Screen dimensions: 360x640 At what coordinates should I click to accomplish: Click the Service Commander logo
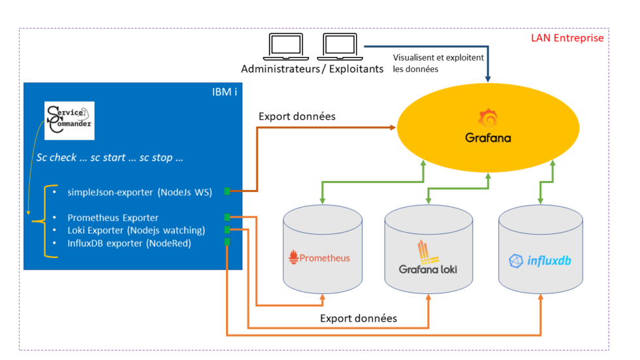pyautogui.click(x=69, y=120)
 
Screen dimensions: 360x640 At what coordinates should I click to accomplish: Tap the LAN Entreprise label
pyautogui.click(x=567, y=39)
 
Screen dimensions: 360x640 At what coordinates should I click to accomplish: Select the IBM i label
pyautogui.click(x=222, y=92)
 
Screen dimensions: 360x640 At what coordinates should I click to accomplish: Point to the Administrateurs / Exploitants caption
pyautogui.click(x=312, y=69)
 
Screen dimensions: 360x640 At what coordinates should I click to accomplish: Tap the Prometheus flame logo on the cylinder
pyautogui.click(x=293, y=257)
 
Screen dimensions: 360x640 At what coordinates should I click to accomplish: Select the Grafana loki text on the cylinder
pyautogui.click(x=428, y=269)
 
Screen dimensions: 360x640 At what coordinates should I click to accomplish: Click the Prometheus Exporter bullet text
pyautogui.click(x=113, y=218)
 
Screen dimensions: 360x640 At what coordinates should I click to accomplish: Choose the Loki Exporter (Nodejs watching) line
pyautogui.click(x=136, y=230)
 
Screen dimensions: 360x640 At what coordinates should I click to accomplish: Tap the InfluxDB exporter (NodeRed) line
pyautogui.click(x=130, y=243)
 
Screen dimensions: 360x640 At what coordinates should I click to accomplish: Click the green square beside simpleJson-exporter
pyautogui.click(x=227, y=191)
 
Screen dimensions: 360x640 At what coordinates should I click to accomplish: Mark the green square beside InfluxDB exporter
pyautogui.click(x=227, y=242)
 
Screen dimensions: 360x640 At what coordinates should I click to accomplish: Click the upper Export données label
pyautogui.click(x=297, y=117)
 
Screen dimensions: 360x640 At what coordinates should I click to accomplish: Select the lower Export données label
pyautogui.click(x=359, y=319)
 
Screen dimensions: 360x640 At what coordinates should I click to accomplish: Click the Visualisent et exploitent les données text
pyautogui.click(x=438, y=63)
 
